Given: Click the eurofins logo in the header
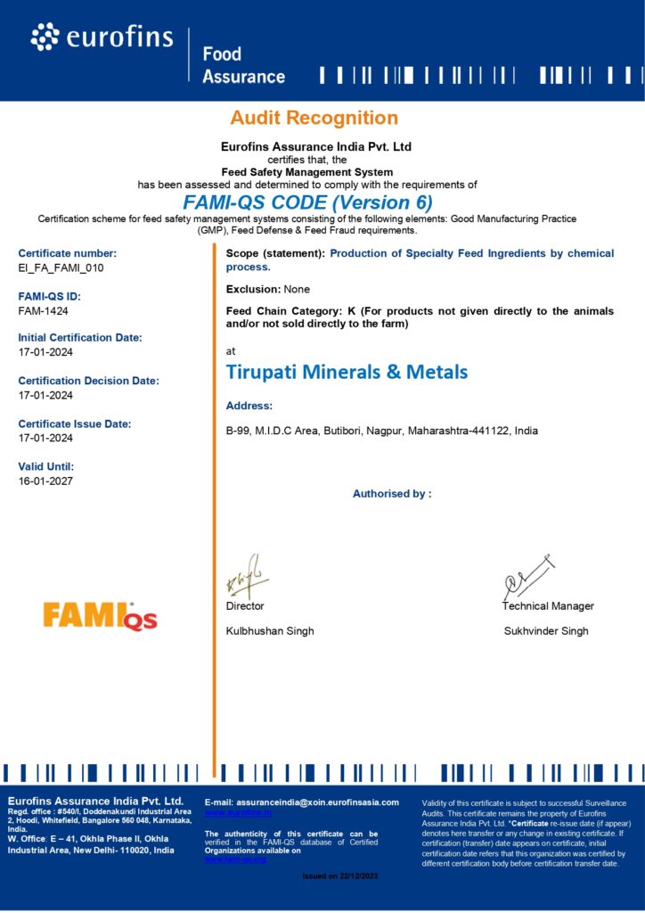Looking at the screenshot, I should pyautogui.click(x=103, y=37).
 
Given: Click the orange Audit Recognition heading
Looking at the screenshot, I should pyautogui.click(x=314, y=118).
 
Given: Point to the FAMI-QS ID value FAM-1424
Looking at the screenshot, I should pyautogui.click(x=43, y=310).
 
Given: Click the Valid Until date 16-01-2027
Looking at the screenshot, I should pyautogui.click(x=45, y=481).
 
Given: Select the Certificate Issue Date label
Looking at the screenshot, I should pyautogui.click(x=74, y=424).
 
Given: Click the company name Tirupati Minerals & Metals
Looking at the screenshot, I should pyautogui.click(x=347, y=372).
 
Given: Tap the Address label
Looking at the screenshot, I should pyautogui.click(x=249, y=406).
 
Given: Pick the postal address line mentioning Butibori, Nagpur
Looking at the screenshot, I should pyautogui.click(x=381, y=431).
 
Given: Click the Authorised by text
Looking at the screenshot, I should pyautogui.click(x=392, y=493).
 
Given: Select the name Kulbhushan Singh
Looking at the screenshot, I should pyautogui.click(x=270, y=631).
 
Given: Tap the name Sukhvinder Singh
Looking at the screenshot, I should pyautogui.click(x=546, y=631).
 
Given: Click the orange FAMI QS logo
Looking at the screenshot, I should pyautogui.click(x=100, y=616).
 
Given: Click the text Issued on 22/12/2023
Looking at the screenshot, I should pyautogui.click(x=340, y=876).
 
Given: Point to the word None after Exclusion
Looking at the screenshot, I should pyautogui.click(x=297, y=289).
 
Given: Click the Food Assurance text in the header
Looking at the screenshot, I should pyautogui.click(x=243, y=66).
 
